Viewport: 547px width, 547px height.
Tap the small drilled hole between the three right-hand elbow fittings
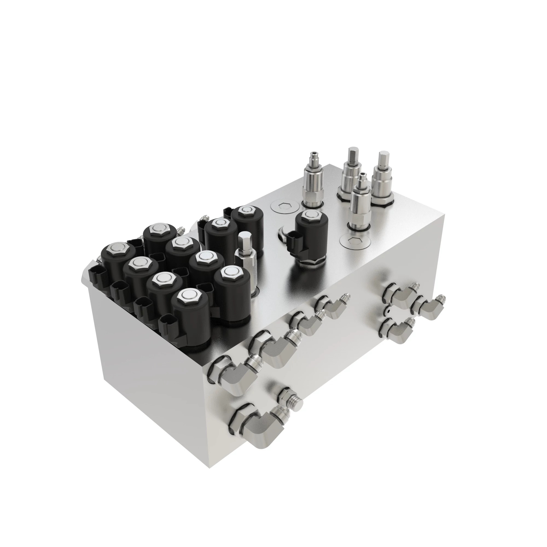pos(388,311)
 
